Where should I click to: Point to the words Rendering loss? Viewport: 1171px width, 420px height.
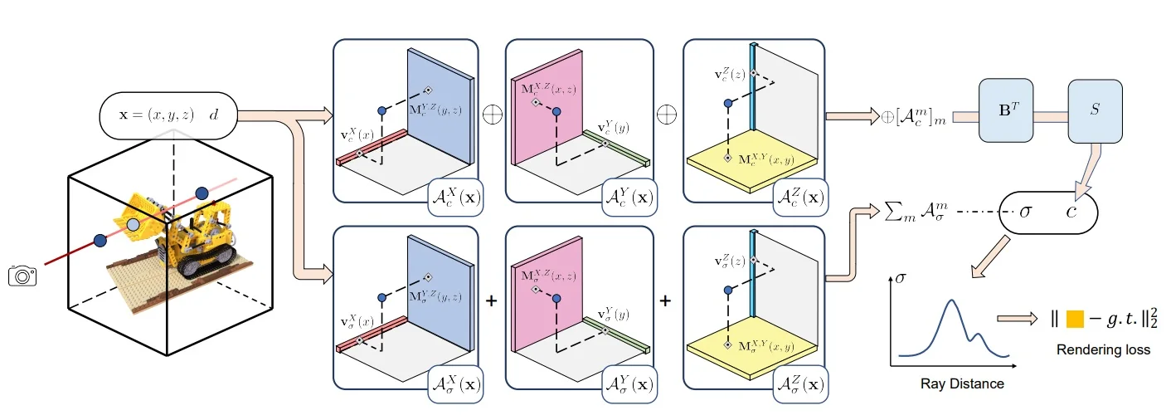tap(1103, 349)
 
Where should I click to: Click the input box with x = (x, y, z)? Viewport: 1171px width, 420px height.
tap(168, 115)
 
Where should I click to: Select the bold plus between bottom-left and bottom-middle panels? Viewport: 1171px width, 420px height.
tap(491, 300)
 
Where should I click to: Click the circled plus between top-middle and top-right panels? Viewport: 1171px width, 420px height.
tap(666, 114)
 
